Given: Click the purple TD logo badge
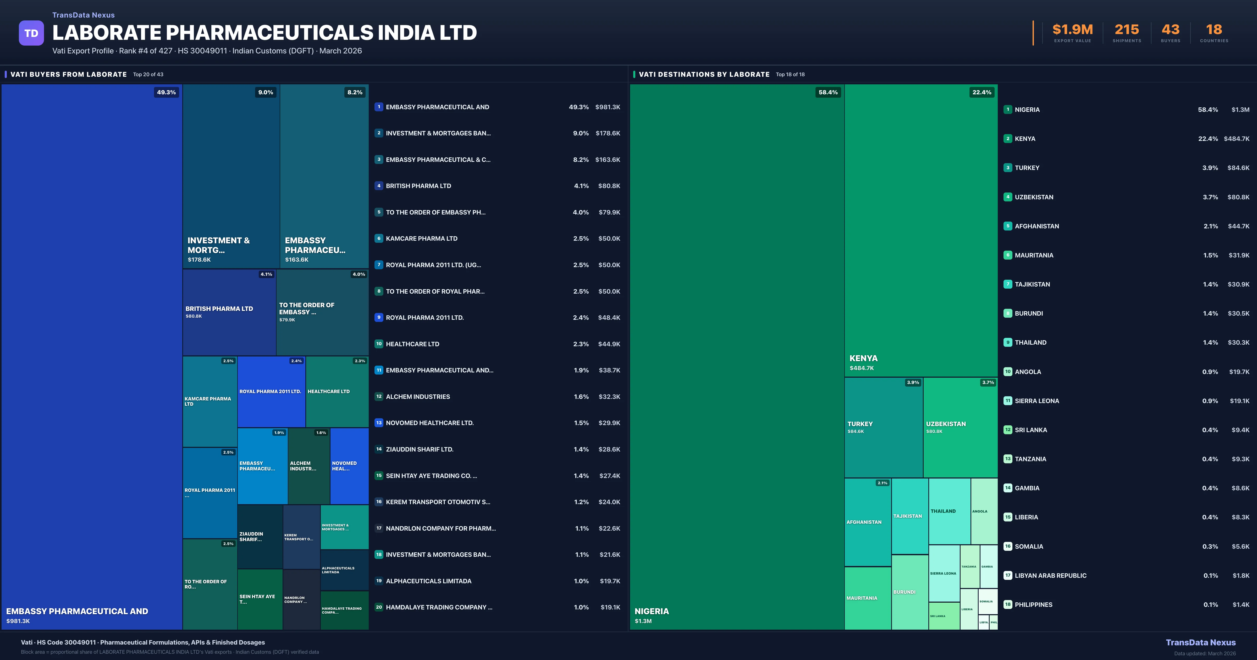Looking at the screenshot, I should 31,33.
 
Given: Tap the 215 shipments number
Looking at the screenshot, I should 1127,30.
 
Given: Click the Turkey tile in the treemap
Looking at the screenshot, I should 883,427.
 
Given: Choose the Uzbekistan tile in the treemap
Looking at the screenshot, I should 960,427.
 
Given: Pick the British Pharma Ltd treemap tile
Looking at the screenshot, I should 229,312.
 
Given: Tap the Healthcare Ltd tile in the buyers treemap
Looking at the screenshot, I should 337,392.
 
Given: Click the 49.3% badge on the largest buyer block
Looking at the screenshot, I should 166,92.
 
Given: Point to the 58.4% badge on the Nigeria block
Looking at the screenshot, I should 828,92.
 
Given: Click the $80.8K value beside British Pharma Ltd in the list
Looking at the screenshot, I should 609,186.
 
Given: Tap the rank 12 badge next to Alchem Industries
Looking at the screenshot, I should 379,396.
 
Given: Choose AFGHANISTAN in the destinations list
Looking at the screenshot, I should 1037,226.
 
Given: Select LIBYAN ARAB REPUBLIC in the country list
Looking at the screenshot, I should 1050,576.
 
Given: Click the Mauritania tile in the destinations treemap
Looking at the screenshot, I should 868,598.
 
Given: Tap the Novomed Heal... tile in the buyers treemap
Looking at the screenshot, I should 349,466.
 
